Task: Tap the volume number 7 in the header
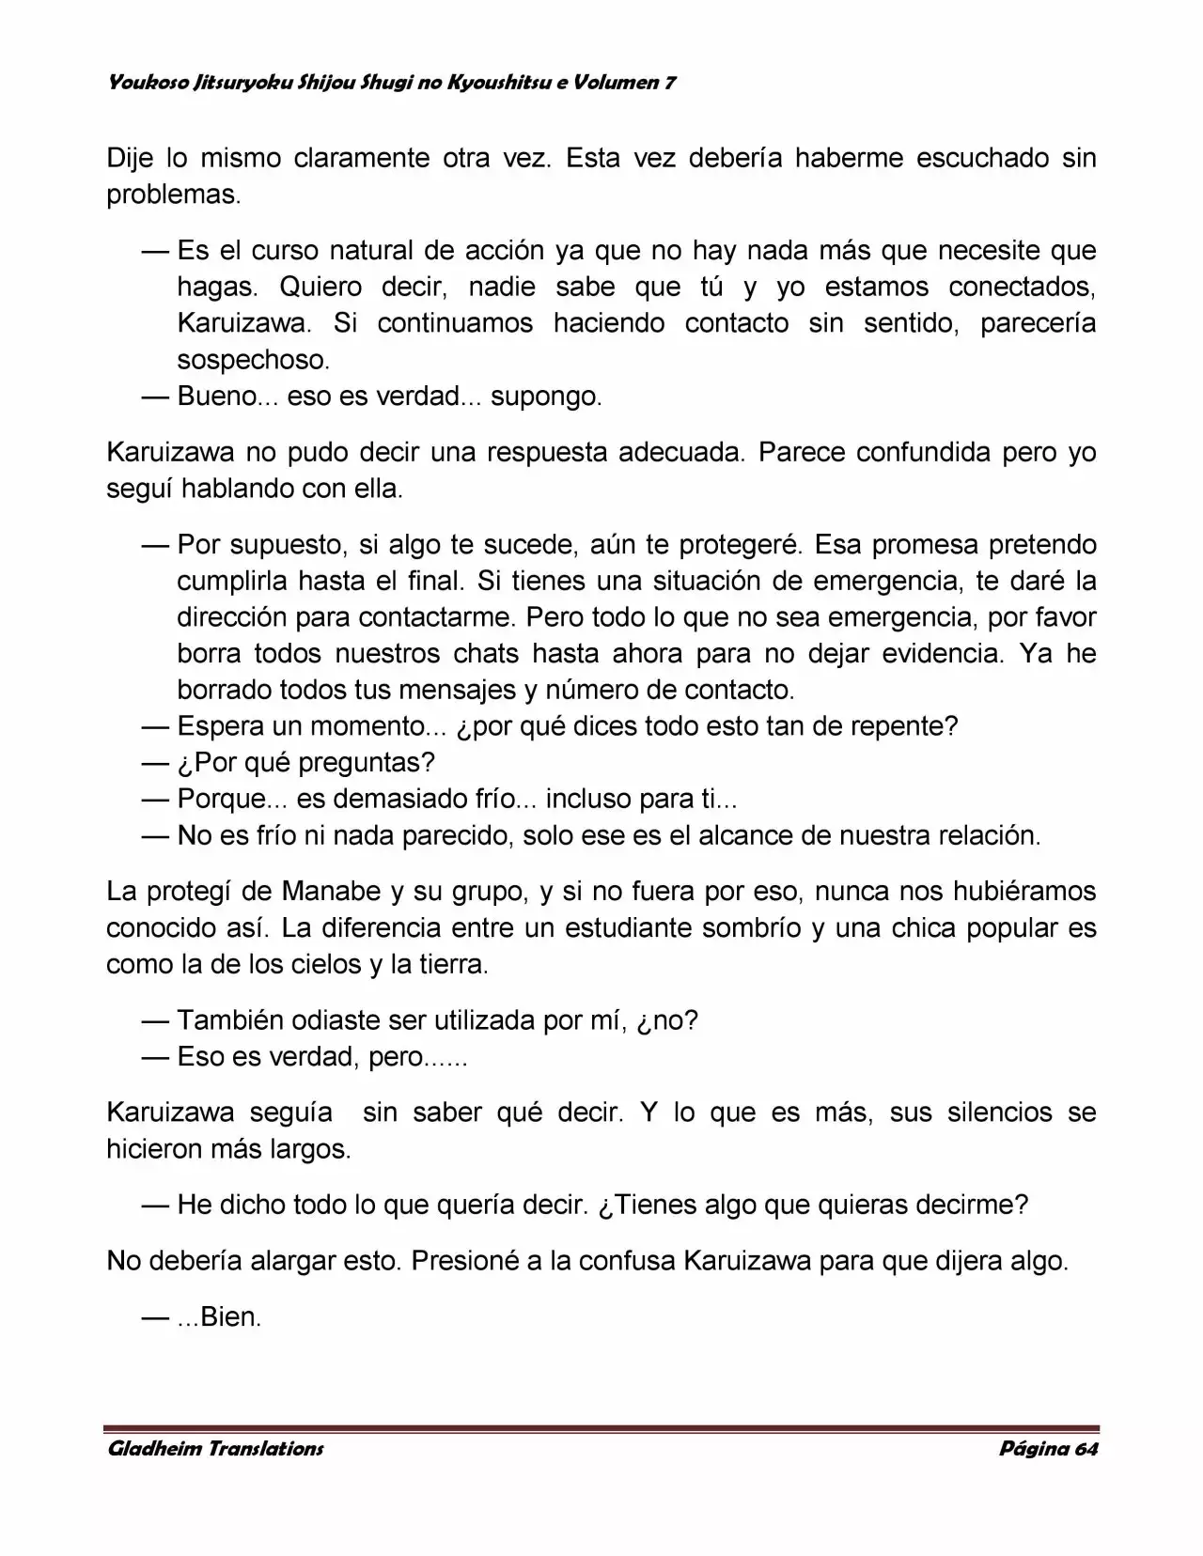tap(669, 83)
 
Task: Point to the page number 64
tap(1086, 1448)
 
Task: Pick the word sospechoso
tap(253, 360)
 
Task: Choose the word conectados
tap(1022, 287)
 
